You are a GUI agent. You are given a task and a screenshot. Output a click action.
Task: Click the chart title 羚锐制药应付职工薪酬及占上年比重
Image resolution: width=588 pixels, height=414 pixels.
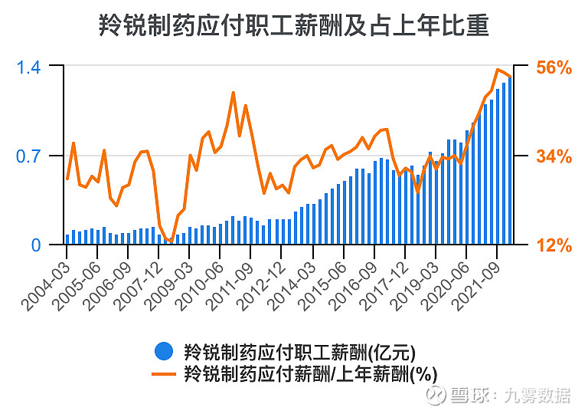293,26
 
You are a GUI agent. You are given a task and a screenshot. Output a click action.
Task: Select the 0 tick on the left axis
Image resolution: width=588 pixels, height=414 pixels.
36,245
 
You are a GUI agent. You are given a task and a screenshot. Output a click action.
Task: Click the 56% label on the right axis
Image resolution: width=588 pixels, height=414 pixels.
554,67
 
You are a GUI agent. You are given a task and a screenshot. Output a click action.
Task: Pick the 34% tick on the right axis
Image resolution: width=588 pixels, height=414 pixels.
554,156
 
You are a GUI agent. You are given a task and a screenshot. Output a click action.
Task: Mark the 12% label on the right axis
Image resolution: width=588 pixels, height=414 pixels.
554,245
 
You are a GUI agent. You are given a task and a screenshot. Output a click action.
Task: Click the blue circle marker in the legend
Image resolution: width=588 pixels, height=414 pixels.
163,352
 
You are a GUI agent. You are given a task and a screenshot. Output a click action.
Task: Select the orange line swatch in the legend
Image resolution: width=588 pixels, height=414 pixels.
163,375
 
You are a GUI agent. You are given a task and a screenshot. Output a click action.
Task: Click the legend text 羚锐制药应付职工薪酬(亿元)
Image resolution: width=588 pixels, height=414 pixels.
299,353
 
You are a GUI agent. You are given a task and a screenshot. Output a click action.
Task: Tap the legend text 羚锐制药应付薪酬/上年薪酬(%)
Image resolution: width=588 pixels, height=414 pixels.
310,375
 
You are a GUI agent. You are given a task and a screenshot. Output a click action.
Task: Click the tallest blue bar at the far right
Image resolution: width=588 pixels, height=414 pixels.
510,161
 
